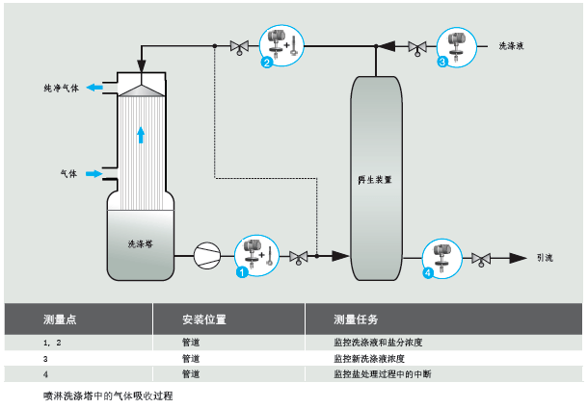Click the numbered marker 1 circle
coord(243,272)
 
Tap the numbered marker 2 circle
coord(266,63)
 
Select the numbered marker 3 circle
coord(442,63)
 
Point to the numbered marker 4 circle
coord(428,273)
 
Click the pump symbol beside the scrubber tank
coord(206,256)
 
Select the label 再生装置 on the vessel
coord(375,180)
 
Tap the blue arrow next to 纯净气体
coord(95,88)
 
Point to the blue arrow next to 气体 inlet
coord(94,174)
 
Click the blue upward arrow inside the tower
coord(141,133)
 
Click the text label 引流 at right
coord(545,258)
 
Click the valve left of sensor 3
coord(417,46)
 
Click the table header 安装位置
coord(203,319)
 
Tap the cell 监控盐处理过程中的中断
coord(384,373)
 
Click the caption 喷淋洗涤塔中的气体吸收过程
coord(108,395)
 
